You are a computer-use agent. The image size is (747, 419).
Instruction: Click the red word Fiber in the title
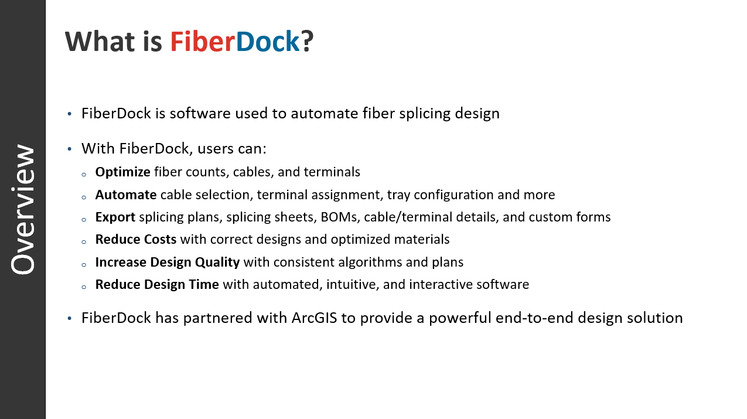pos(203,42)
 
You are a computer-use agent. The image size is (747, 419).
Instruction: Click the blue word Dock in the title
pos(267,42)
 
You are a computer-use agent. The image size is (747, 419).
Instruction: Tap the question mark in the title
pos(307,42)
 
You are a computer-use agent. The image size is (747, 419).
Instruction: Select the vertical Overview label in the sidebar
pos(23,210)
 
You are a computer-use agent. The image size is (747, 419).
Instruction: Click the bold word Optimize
pos(122,172)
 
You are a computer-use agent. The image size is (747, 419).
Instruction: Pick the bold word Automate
pos(126,195)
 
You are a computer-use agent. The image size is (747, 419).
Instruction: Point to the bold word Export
pos(115,217)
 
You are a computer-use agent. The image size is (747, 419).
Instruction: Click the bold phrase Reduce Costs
pos(136,240)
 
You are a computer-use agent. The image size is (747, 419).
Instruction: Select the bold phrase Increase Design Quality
pos(168,262)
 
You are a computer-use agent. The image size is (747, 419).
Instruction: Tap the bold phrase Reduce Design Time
pos(157,285)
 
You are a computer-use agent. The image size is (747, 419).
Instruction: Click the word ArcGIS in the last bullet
pos(314,318)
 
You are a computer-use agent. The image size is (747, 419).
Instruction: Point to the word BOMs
pos(340,217)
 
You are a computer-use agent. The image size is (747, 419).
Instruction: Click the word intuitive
pos(353,285)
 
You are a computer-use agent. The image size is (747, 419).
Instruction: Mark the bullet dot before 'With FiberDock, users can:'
pos(69,149)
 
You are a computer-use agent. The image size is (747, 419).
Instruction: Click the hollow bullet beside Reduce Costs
pos(84,242)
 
